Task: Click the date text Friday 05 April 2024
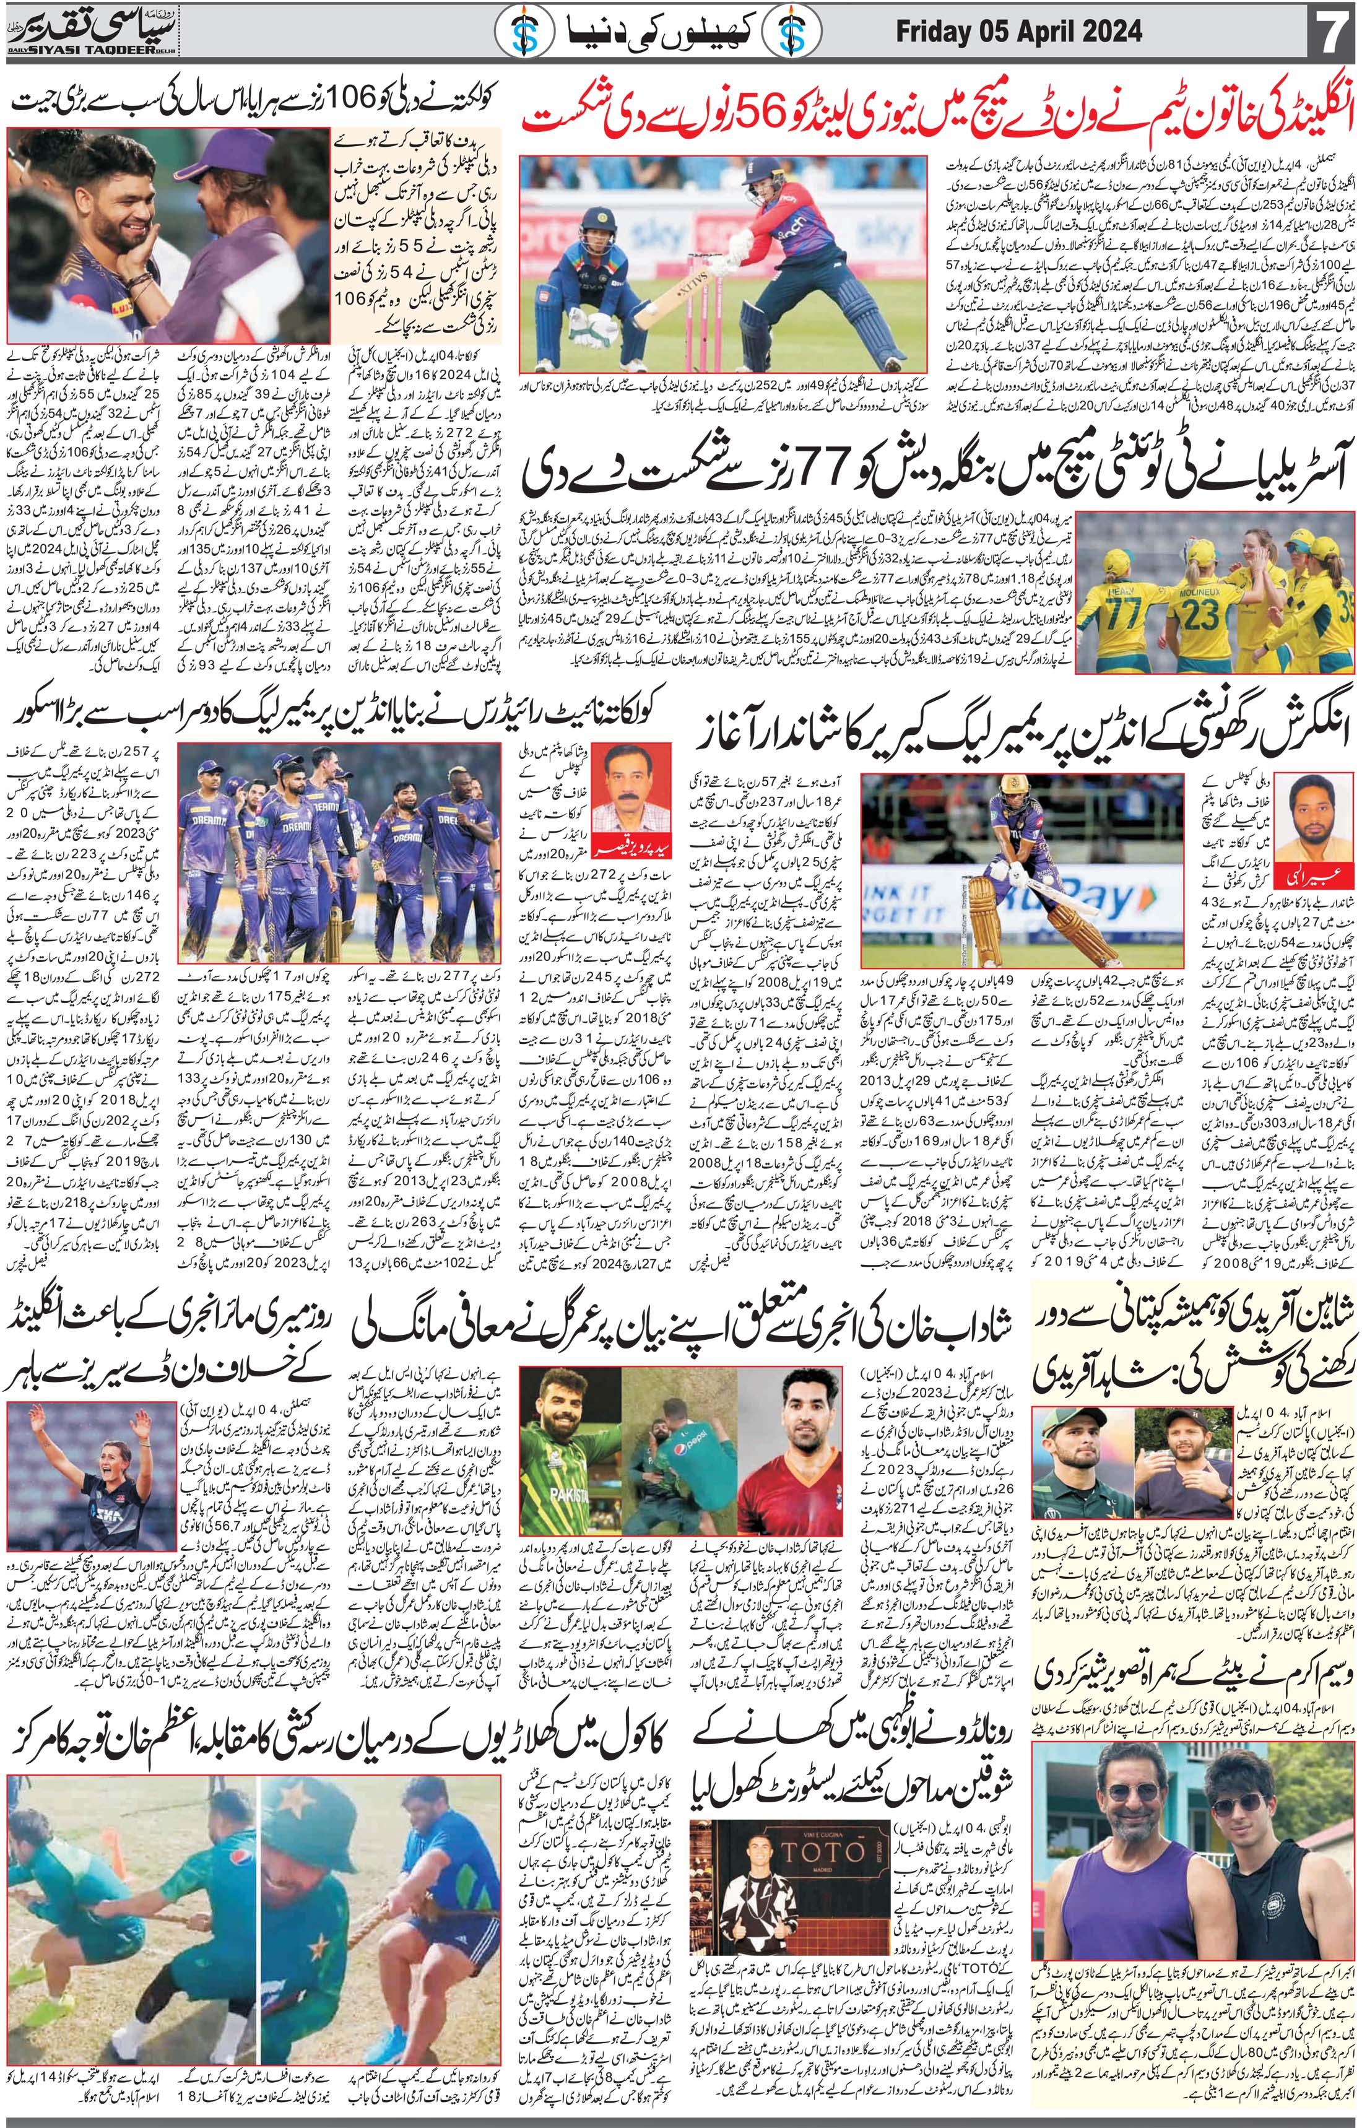pyautogui.click(x=1018, y=33)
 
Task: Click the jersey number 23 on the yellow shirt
pyautogui.click(x=1201, y=612)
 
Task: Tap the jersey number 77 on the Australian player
pyautogui.click(x=1114, y=610)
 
